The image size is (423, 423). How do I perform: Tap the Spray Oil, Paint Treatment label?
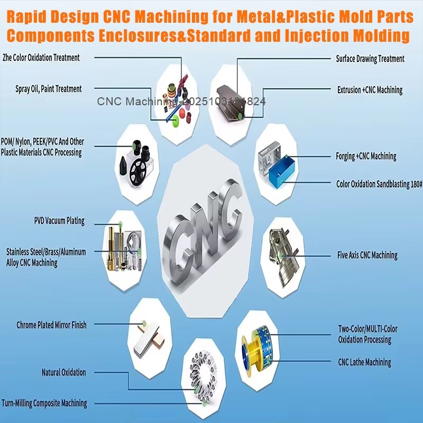click(x=49, y=89)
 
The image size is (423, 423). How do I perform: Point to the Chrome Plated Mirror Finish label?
click(x=51, y=325)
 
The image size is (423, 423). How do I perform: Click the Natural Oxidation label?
click(x=63, y=373)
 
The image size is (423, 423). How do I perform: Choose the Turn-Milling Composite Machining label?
click(x=44, y=403)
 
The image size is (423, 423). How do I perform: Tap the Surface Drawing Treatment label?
click(x=370, y=59)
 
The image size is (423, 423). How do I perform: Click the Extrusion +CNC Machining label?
click(x=370, y=90)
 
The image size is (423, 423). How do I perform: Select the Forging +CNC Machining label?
click(x=366, y=156)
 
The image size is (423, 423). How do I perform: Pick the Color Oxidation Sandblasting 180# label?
click(x=379, y=184)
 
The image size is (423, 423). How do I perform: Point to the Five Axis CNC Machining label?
click(x=367, y=255)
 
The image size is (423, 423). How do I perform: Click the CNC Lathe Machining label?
click(x=364, y=362)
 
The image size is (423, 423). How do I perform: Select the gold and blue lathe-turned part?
click(x=257, y=344)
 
